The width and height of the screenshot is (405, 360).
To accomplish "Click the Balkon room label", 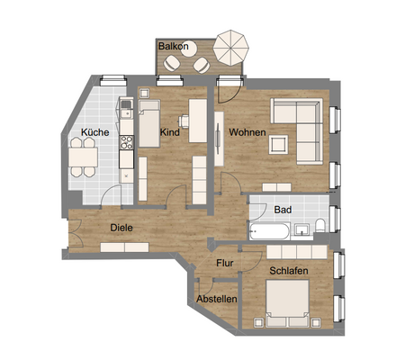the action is click(174, 46).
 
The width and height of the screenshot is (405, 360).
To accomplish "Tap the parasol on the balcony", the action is click(231, 48).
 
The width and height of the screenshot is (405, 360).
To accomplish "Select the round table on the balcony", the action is click(188, 49).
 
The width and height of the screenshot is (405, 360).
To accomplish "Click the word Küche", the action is click(95, 132).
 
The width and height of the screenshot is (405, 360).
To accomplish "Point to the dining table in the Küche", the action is click(83, 157).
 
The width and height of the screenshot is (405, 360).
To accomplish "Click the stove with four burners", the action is click(127, 142).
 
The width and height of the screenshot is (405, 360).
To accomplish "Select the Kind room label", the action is click(170, 132).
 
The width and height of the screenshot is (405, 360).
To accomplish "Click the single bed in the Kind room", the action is click(149, 123).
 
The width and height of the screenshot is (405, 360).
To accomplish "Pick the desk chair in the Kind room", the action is click(183, 121).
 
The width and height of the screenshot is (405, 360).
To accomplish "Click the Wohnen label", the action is click(247, 132).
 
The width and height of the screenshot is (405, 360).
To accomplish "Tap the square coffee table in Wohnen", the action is click(278, 144).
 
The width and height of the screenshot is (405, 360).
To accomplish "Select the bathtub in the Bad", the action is click(269, 231).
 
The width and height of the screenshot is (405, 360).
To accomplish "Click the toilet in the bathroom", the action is click(319, 225).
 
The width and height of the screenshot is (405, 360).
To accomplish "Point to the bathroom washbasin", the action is click(301, 229).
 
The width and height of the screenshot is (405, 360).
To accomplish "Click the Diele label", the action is click(121, 228).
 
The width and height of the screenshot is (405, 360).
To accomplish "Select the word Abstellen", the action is click(217, 299).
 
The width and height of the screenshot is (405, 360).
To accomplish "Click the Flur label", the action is click(225, 263).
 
